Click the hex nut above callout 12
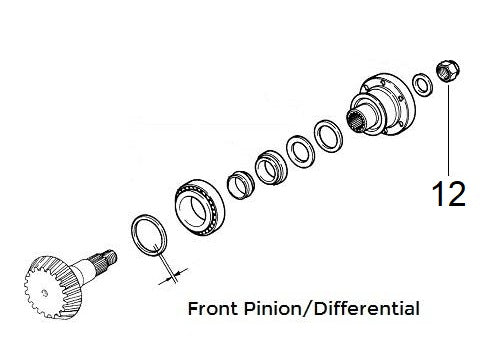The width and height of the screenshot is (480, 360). point(447,72)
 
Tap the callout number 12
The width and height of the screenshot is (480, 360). point(448,192)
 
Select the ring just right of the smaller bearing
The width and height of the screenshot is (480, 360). point(299,149)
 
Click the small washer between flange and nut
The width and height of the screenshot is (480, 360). point(423,83)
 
